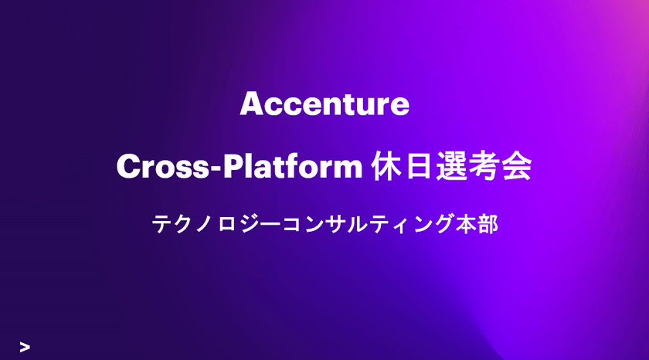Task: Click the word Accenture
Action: (x=324, y=104)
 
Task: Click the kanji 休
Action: (x=387, y=167)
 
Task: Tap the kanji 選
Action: (x=460, y=167)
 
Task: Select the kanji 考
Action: (x=494, y=167)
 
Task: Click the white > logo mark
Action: (x=25, y=347)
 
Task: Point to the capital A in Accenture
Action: (x=250, y=104)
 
